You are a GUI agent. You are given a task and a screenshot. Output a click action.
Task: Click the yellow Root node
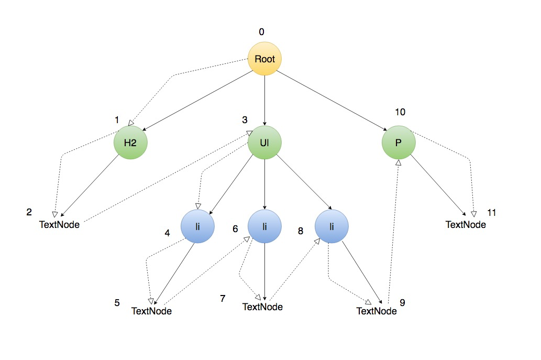pos(264,59)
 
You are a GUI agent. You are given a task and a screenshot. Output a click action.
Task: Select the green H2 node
pos(131,143)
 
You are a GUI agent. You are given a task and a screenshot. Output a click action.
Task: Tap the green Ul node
pos(264,143)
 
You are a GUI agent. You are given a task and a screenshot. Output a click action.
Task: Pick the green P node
pos(398,143)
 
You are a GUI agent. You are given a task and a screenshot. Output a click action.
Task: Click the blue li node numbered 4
pos(197,226)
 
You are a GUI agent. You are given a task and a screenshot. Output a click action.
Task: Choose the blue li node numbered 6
pos(264,226)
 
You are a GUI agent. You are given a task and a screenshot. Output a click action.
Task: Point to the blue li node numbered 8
pos(332,226)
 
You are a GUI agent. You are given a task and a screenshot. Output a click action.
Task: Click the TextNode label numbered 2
pos(60,225)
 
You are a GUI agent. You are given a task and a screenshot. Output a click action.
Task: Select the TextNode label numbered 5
pos(151,311)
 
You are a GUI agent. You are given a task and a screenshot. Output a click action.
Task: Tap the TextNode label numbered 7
pos(262,307)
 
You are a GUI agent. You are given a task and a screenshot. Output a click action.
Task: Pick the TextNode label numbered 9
pos(376,311)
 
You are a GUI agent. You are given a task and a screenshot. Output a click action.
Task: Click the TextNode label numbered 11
pos(466,224)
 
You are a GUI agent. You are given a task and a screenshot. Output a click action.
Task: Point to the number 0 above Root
pos(262,32)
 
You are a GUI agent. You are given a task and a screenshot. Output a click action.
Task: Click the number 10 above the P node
pos(401,112)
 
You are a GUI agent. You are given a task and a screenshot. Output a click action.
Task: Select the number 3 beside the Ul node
pos(245,119)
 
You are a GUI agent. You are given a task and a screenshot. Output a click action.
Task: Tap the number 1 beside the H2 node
pos(117,119)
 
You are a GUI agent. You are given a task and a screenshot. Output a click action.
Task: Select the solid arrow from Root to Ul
pos(264,100)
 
